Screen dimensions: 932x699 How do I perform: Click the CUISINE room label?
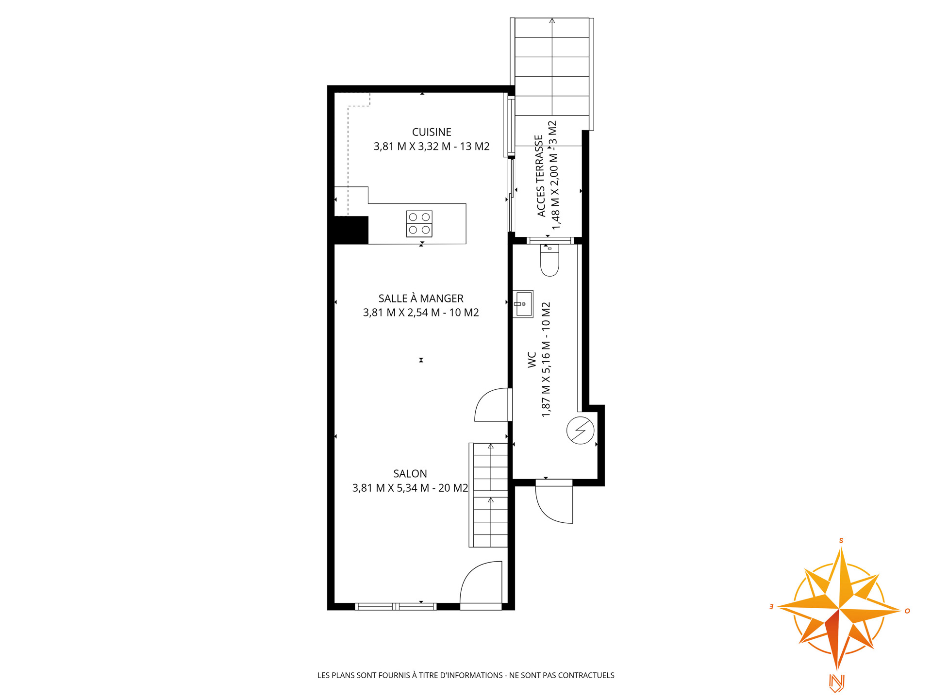click(x=432, y=132)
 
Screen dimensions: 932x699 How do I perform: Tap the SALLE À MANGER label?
click(x=421, y=299)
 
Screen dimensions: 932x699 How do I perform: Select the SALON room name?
click(x=410, y=474)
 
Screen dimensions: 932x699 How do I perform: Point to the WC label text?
click(x=532, y=360)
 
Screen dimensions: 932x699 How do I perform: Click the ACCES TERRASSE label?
click(x=540, y=176)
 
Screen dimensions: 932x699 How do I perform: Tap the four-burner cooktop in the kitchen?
click(x=419, y=224)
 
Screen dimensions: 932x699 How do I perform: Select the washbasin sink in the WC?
click(x=523, y=304)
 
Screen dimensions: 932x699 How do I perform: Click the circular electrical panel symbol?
click(x=580, y=430)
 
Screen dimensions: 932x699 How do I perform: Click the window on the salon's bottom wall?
click(x=396, y=606)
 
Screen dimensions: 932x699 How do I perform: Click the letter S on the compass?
click(x=841, y=541)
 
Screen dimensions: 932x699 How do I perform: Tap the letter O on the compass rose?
click(x=907, y=611)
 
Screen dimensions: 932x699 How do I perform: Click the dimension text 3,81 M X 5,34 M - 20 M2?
click(x=410, y=488)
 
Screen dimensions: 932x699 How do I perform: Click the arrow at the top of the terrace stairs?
click(x=552, y=21)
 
